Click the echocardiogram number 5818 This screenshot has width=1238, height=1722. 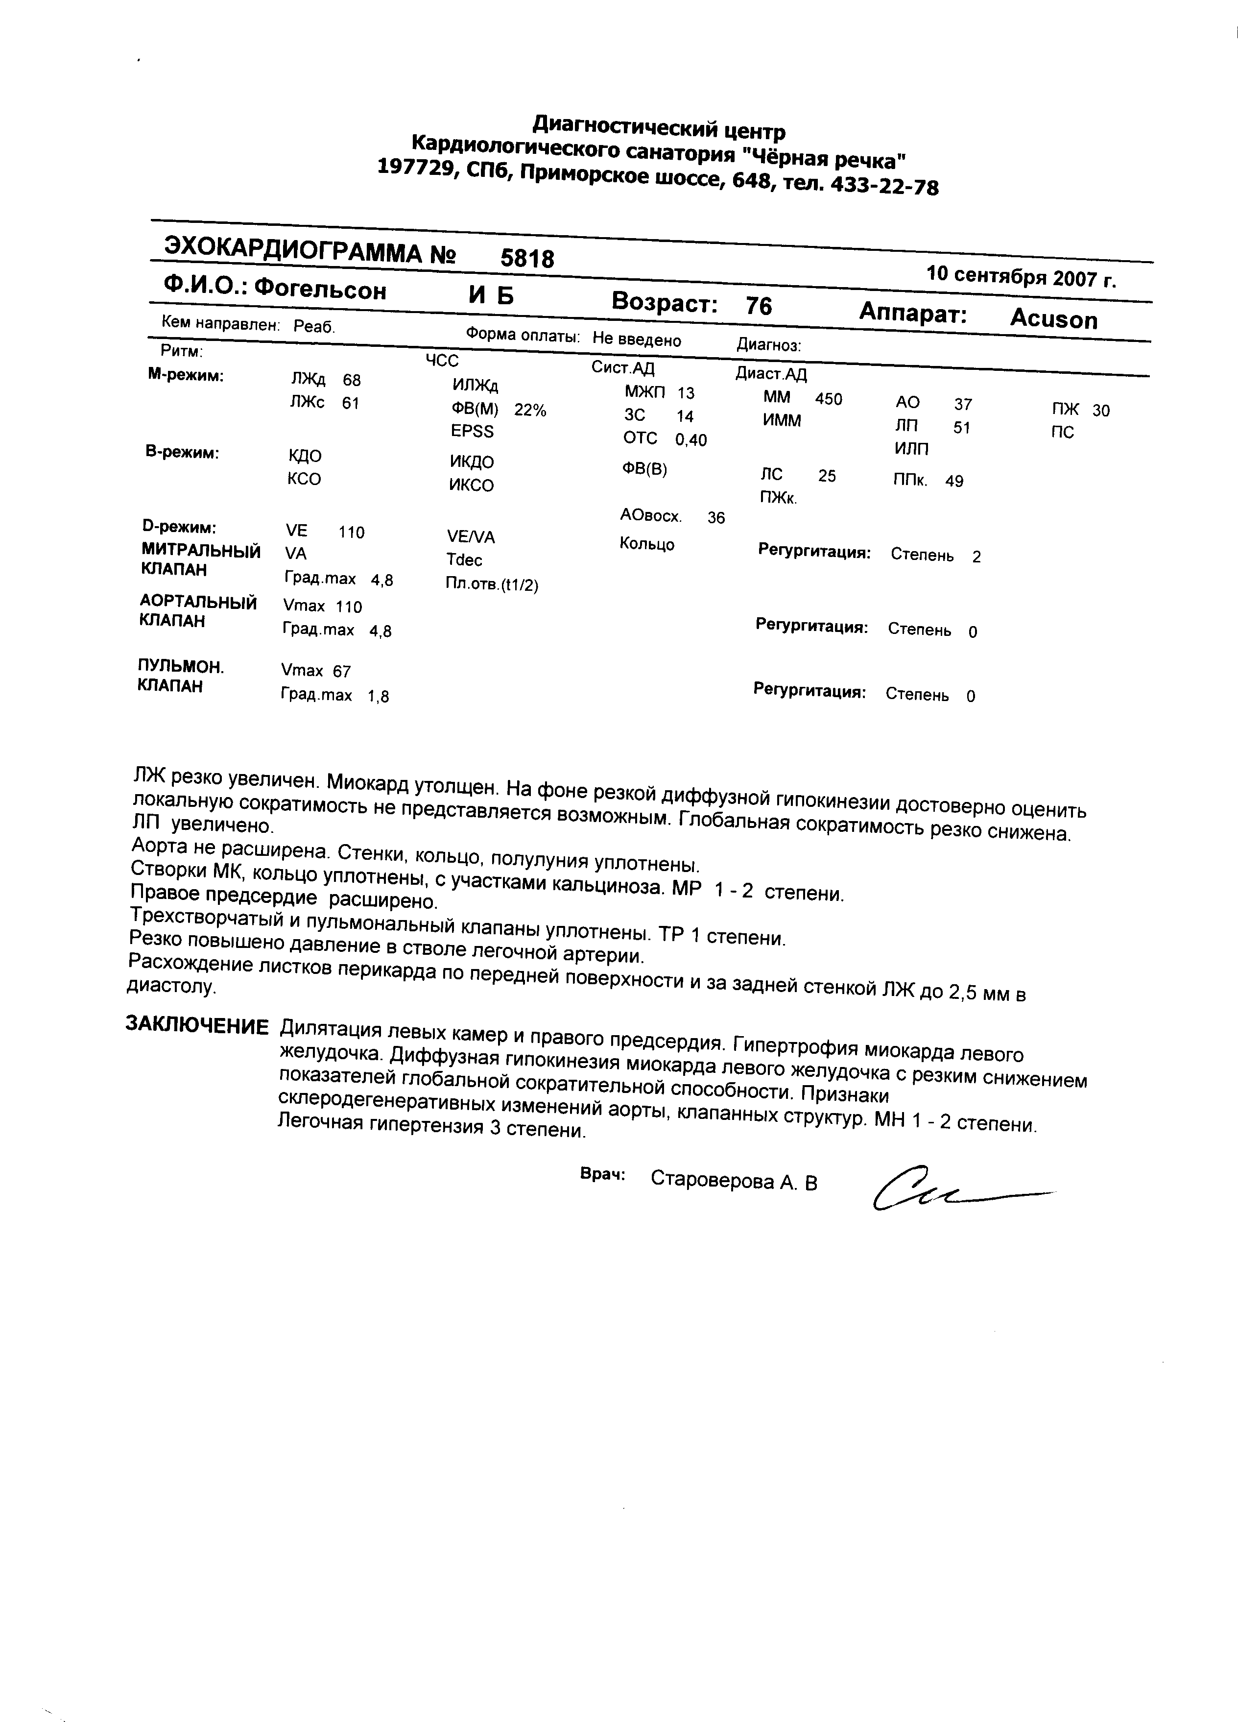click(527, 259)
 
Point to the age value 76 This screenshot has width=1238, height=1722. click(758, 306)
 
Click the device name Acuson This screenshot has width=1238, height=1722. click(1053, 319)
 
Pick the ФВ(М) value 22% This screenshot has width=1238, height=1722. click(530, 410)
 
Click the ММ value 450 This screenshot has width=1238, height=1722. click(828, 399)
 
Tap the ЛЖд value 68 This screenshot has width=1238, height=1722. click(352, 380)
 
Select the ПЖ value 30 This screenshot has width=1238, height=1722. click(1100, 411)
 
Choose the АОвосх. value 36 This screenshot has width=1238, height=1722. click(716, 518)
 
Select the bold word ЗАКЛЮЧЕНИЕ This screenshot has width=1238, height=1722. click(196, 1026)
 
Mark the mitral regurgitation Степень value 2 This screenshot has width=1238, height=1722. click(976, 557)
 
